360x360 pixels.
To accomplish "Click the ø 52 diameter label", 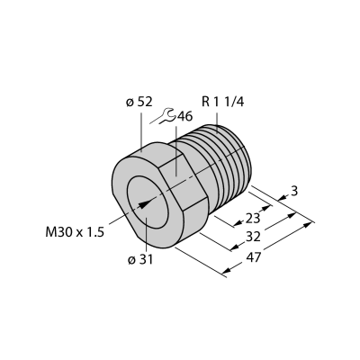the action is [x=139, y=103].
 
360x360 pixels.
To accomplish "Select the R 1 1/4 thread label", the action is [x=223, y=102].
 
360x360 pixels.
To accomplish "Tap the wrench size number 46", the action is [x=184, y=117].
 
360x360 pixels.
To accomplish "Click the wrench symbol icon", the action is [x=165, y=116].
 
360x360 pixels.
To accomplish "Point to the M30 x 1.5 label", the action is [x=75, y=232].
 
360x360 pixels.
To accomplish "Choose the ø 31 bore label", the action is [x=140, y=260].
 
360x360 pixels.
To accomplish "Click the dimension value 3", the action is [x=294, y=191].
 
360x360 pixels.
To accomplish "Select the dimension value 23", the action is [x=252, y=219].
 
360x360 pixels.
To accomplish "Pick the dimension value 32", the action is [x=253, y=237].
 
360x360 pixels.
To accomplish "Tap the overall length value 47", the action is [x=254, y=257].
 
